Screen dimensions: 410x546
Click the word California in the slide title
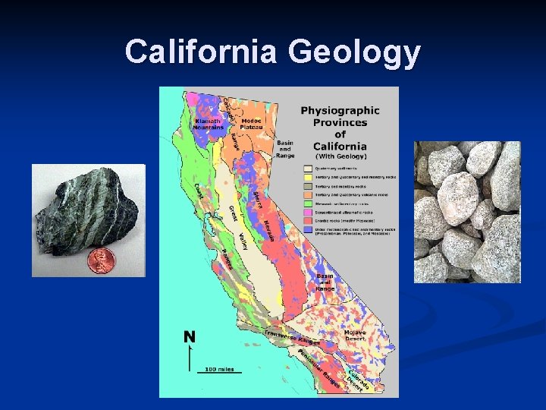pos(201,52)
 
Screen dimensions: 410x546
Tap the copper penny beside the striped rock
pos(100,260)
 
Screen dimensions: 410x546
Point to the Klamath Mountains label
pos(209,124)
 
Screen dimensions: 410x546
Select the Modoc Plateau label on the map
pos(252,123)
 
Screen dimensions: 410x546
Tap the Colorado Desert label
pos(359,380)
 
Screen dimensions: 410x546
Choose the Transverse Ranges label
pos(293,337)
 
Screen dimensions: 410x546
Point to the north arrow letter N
pos(189,337)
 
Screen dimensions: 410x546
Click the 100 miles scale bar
pos(220,371)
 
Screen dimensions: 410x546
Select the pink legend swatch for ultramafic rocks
pos(307,214)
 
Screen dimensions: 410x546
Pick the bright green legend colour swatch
pos(307,204)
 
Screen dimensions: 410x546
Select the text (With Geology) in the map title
pos(340,157)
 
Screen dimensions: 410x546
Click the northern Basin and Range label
pos(285,149)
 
